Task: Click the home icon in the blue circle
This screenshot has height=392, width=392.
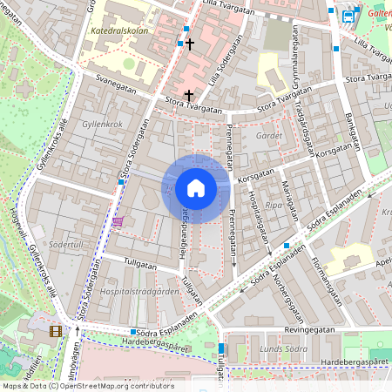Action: pos(196,188)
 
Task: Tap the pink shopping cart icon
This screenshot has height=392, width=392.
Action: pos(117,221)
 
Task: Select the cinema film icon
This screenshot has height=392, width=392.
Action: pos(57,330)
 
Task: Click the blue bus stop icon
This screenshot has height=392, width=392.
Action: pos(348,15)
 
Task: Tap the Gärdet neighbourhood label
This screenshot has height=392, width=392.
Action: pos(270,136)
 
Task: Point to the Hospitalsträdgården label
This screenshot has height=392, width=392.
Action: pos(132,292)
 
